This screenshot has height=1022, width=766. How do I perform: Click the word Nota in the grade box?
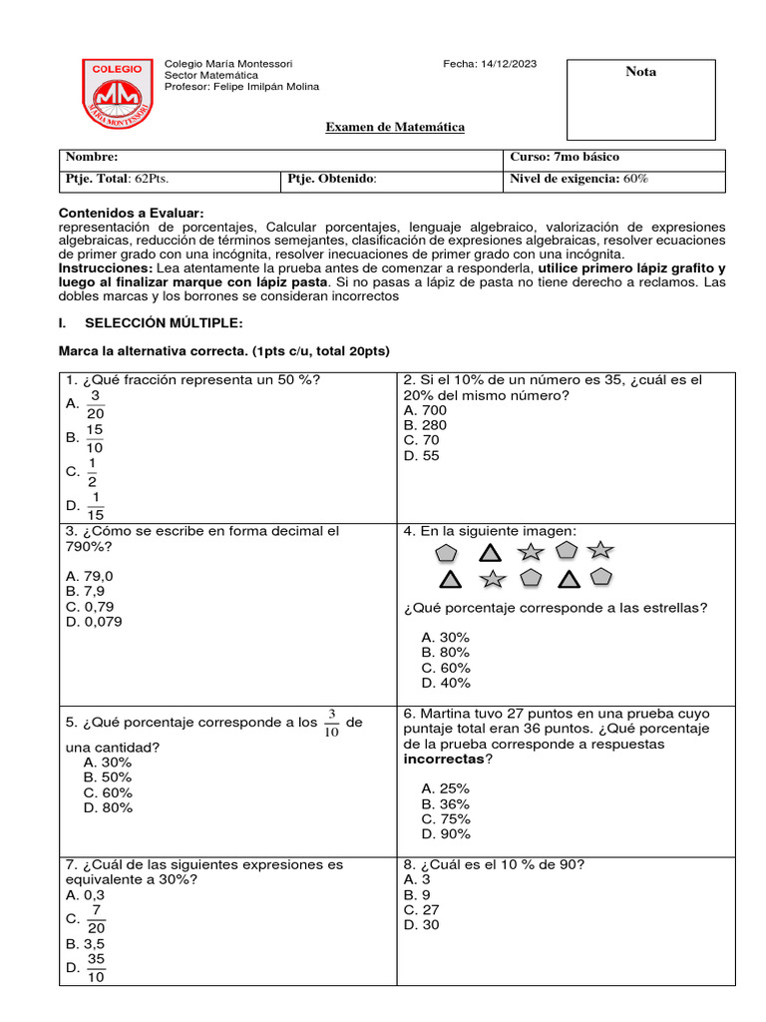pos(640,72)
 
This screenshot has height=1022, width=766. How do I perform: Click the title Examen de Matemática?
pos(396,128)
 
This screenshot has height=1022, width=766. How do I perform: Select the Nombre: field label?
pos(92,158)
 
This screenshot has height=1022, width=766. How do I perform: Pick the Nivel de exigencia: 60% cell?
pos(578,179)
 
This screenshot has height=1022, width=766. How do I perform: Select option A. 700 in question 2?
pos(425,410)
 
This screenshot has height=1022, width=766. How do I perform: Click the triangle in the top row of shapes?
pos(489,552)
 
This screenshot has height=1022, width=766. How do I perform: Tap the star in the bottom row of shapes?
pos(492,579)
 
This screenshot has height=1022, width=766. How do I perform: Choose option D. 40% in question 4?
pos(445,683)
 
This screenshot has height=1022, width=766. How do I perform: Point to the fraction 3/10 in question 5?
pos(332,724)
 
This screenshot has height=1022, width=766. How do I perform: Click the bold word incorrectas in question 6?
pos(443,759)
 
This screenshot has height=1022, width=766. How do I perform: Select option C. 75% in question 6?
pos(445,818)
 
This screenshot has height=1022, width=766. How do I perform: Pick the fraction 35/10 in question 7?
pos(96,967)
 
